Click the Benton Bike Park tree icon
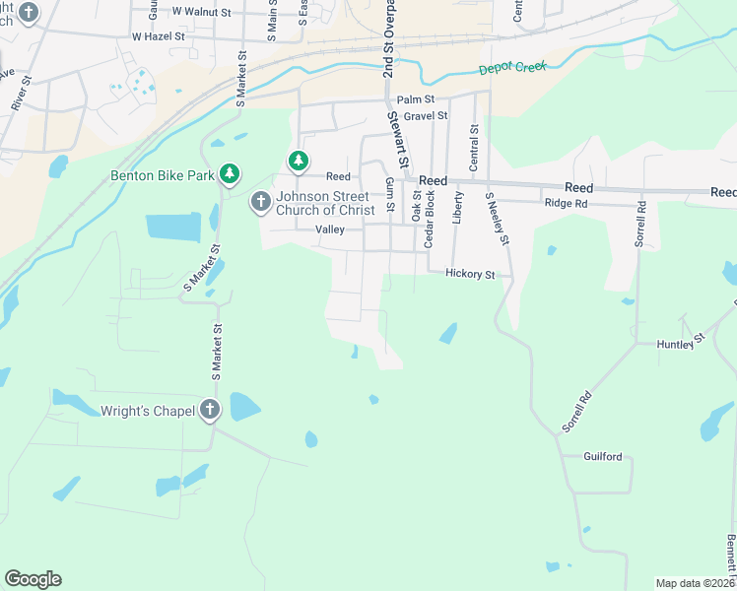230,174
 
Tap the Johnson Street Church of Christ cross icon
260,202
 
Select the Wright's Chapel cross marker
209,410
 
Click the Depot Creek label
511,69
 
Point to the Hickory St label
469,275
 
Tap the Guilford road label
603,457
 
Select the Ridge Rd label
566,204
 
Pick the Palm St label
415,99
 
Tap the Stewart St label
399,141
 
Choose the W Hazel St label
159,35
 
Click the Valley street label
329,230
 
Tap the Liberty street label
457,208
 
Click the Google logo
33,579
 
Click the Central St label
475,143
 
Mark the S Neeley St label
497,219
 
